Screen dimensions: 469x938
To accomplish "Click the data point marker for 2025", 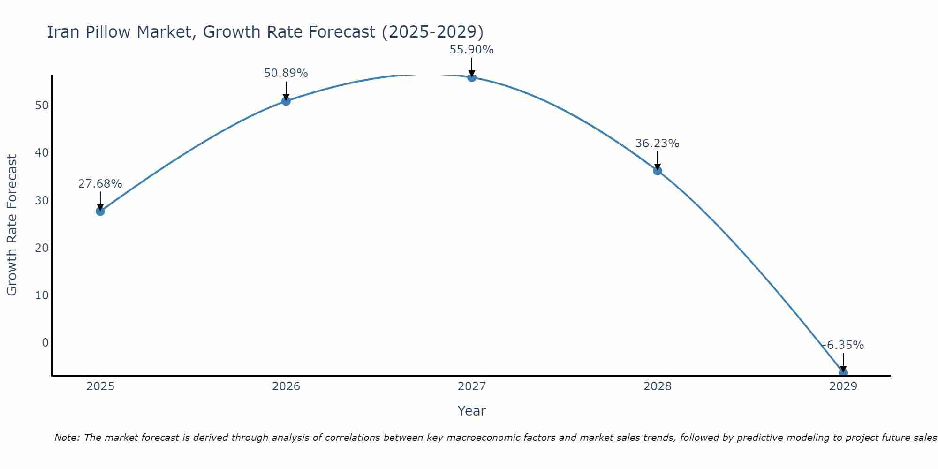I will pos(100,211).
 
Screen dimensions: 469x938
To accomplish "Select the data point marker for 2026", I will pos(286,101).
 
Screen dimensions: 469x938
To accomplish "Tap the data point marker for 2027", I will pos(471,77).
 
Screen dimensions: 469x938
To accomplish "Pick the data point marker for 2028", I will pos(657,171).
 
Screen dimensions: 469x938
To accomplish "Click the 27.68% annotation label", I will pos(100,184).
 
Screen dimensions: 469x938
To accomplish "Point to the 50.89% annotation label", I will pos(286,73).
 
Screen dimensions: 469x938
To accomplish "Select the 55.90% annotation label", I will pos(471,50).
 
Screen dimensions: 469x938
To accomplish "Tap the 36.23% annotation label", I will pos(657,144).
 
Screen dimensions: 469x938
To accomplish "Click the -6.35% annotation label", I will pos(843,345).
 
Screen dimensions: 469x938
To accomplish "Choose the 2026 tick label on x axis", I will pos(286,386).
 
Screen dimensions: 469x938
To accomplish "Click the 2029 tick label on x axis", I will pos(843,386).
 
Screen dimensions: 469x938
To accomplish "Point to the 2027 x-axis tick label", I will pos(471,386).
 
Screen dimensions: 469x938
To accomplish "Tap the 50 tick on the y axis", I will pos(42,105).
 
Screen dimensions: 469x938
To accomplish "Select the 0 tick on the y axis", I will pos(45,343).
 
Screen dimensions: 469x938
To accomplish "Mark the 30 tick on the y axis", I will pos(42,200).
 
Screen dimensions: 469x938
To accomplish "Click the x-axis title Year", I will pos(471,411).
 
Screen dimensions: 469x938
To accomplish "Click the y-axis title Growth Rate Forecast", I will pos(12,225).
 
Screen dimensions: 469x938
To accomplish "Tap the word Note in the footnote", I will pos(67,438).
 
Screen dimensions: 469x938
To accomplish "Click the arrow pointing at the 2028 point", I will pos(657,160).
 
